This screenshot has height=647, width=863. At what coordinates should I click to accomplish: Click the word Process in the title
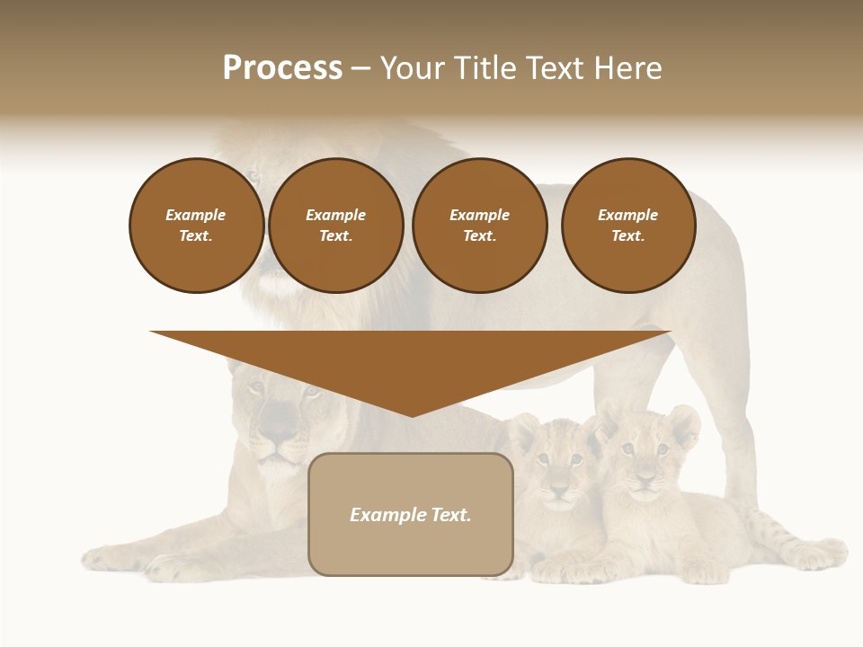pyautogui.click(x=282, y=67)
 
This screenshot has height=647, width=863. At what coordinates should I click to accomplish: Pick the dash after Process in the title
pyautogui.click(x=361, y=69)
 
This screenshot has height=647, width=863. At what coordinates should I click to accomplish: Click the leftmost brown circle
pyautogui.click(x=196, y=226)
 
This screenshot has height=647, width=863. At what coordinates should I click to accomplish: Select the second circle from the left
pyautogui.click(x=335, y=226)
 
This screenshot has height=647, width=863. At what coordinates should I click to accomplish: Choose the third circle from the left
pyautogui.click(x=479, y=226)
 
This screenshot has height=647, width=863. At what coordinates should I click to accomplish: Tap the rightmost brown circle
pyautogui.click(x=627, y=226)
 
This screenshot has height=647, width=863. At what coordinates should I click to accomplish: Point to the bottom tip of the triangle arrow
pyautogui.click(x=411, y=414)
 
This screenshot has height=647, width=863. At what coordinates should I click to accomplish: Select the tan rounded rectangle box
pyautogui.click(x=411, y=514)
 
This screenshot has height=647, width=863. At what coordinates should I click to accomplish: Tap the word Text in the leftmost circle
pyautogui.click(x=196, y=236)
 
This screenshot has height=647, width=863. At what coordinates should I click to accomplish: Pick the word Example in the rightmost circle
pyautogui.click(x=627, y=215)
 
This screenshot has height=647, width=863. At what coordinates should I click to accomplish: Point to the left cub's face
pyautogui.click(x=557, y=472)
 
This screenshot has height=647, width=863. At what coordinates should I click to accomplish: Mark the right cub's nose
pyautogui.click(x=644, y=481)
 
